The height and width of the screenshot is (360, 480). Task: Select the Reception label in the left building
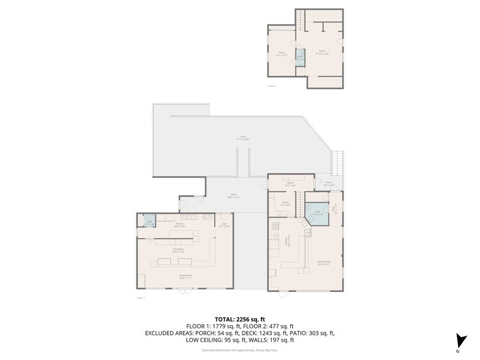point(179,250)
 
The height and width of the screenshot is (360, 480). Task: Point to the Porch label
point(328,183)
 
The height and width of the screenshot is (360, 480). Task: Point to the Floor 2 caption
point(272,86)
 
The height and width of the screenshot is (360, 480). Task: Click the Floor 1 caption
point(141,298)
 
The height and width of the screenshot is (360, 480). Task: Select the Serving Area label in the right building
point(324,263)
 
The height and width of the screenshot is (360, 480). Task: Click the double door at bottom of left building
point(186,291)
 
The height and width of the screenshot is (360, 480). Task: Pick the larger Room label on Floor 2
point(322,52)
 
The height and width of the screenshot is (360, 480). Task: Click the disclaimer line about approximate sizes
point(240,350)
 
